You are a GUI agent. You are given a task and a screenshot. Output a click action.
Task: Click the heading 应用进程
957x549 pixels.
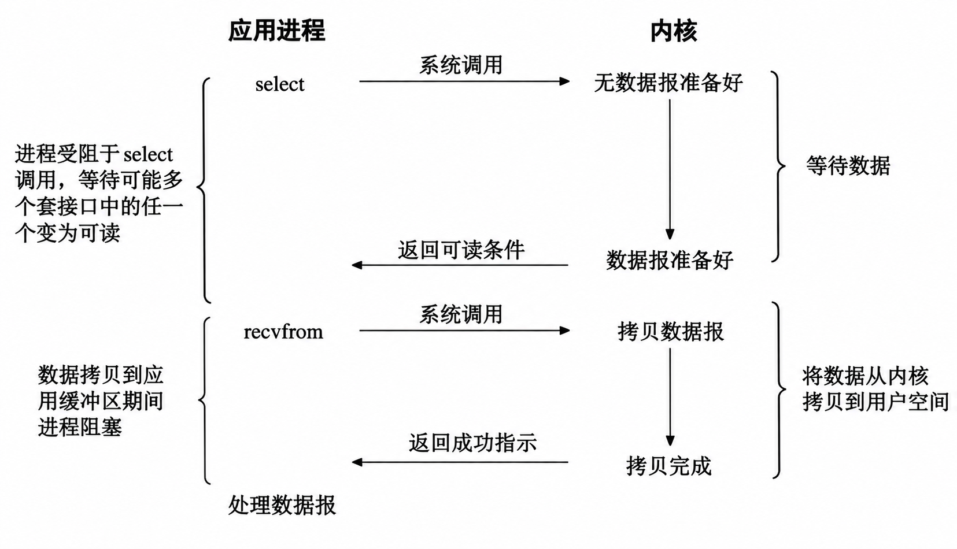(277, 31)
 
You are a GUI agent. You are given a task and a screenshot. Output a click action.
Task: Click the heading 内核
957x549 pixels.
(674, 31)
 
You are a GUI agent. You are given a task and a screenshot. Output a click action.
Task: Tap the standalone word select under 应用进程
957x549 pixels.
(280, 84)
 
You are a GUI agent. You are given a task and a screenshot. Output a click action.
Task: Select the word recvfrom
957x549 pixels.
(283, 332)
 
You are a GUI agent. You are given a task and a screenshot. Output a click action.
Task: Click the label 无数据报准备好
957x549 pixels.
(668, 83)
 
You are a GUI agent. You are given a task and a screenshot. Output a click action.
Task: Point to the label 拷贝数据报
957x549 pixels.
(671, 332)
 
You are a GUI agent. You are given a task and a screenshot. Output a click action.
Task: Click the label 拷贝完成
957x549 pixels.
(668, 466)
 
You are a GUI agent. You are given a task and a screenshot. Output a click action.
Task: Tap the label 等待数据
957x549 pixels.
(848, 166)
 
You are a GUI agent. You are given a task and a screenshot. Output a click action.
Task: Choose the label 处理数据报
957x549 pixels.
(282, 506)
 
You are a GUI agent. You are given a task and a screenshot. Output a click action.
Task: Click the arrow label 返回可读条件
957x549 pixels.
(461, 250)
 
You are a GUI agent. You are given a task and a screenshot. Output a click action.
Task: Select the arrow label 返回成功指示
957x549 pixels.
(472, 443)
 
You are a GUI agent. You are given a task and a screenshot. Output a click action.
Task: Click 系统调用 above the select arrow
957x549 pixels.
(460, 65)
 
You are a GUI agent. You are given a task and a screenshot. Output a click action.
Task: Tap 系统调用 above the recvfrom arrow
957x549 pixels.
(460, 314)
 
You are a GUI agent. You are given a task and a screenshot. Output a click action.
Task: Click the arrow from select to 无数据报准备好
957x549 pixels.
(464, 81)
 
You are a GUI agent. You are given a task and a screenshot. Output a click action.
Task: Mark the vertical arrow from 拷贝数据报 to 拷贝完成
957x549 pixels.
(670, 397)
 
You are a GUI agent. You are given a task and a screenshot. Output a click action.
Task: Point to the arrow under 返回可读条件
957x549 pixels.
(460, 265)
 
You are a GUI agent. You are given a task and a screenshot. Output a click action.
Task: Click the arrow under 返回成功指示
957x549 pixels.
(460, 462)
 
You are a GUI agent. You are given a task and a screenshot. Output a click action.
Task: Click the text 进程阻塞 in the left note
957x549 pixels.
(80, 427)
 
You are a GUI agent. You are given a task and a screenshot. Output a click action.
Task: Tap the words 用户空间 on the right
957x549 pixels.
(907, 402)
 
